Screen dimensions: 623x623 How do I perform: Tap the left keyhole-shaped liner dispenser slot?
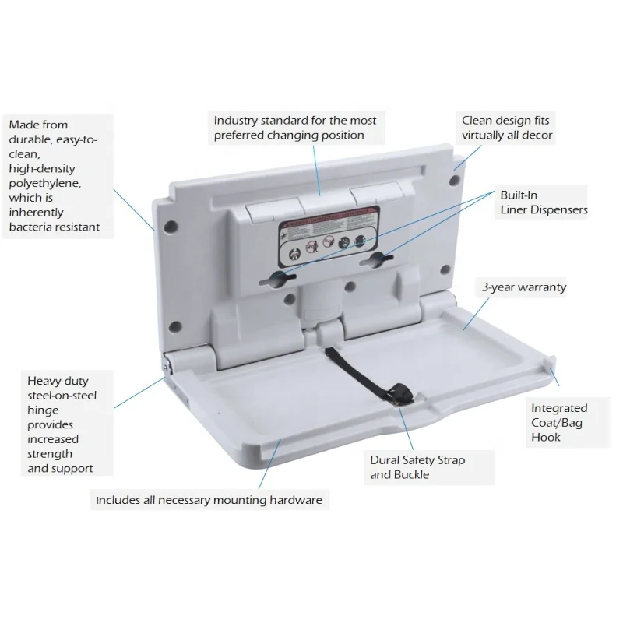283,278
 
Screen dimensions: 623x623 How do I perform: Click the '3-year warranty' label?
523,287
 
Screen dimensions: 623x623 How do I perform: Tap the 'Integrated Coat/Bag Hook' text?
559,422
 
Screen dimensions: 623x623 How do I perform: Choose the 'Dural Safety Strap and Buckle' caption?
417,467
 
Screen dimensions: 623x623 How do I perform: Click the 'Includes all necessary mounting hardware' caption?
209,500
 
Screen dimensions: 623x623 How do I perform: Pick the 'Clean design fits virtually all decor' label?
507,128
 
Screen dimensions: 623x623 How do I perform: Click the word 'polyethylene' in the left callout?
45,183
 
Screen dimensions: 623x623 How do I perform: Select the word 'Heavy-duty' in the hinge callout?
58,381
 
